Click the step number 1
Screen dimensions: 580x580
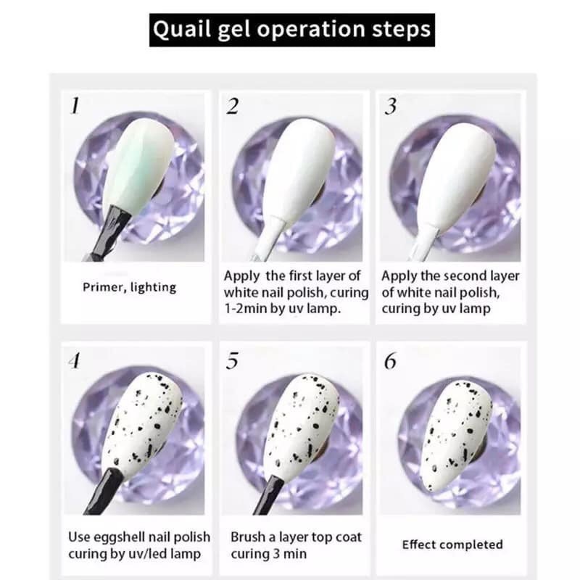click(x=75, y=106)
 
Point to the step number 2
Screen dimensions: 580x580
click(x=232, y=106)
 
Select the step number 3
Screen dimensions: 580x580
click(x=390, y=106)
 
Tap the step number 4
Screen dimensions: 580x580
click(x=75, y=360)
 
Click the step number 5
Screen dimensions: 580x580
click(x=232, y=361)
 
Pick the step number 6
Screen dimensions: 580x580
click(x=390, y=361)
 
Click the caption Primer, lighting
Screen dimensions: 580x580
click(x=130, y=287)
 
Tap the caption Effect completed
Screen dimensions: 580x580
click(x=452, y=544)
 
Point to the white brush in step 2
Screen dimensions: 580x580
click(x=272, y=237)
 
